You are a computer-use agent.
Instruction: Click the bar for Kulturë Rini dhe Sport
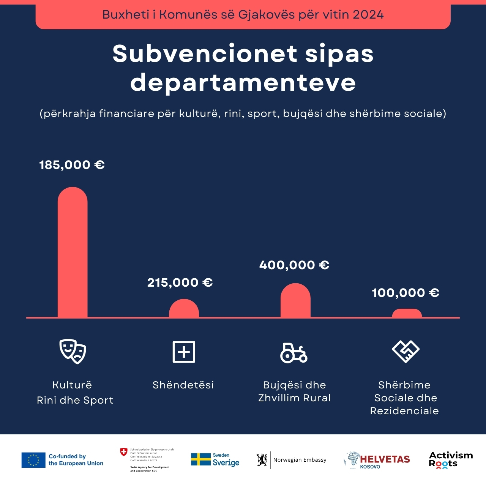point(73,252)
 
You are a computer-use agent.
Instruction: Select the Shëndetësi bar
point(184,309)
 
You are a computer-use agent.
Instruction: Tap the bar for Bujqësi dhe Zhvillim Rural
point(295,301)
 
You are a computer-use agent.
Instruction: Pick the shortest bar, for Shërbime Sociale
point(407,313)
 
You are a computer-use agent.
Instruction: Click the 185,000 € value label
point(72,165)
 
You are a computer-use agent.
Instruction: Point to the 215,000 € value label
point(180,282)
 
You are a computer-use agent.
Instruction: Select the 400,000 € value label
point(294,265)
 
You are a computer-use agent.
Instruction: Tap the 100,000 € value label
point(406,293)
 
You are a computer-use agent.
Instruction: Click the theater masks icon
point(73,351)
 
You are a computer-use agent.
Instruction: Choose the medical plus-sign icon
point(184,352)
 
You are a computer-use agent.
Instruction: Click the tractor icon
point(293,353)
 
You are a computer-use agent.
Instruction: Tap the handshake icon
point(406,351)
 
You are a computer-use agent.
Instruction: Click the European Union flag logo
point(33,460)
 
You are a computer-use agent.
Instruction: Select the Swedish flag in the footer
point(200,459)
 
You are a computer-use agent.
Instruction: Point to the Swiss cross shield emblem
point(124,452)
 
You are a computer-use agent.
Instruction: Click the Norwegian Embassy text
point(300,460)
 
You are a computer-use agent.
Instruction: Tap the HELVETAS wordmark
point(385,459)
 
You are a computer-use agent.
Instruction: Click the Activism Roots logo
point(451,459)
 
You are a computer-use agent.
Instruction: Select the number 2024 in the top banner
point(368,15)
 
